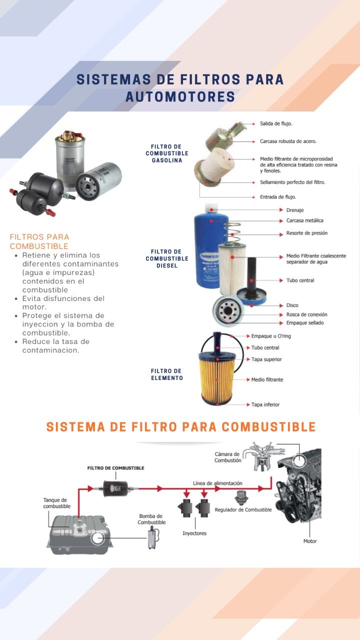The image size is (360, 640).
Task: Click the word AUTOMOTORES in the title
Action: pos(180,96)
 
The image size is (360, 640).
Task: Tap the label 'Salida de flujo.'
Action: pos(276,123)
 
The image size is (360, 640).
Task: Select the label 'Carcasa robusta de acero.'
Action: pos(288,141)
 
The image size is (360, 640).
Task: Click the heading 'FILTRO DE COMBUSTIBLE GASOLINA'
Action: pos(167,153)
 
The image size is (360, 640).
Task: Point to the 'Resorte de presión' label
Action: pos(307,233)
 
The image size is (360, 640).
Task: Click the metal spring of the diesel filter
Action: pos(232,231)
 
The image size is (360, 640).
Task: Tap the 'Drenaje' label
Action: pos(295,210)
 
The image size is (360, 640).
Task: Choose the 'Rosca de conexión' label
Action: pos(306,314)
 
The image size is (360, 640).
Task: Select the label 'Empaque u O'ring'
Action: pos(271,336)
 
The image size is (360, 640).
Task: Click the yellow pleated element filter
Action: pos(217,379)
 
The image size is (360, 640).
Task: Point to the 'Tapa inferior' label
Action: pos(265,404)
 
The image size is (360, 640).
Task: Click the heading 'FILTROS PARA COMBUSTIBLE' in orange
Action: pos(39,241)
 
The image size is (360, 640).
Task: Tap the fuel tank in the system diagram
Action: pos(80,535)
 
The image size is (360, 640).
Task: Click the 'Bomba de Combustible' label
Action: pos(151,519)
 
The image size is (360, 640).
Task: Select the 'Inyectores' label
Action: pos(194,533)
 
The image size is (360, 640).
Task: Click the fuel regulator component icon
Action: pos(241,497)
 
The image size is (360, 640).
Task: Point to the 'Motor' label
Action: pos(309,541)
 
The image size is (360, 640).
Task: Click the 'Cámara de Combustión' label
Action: pos(227,457)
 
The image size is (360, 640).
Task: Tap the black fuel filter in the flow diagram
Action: pos(115,488)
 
